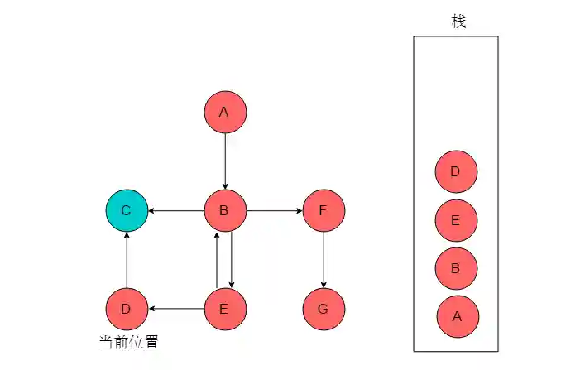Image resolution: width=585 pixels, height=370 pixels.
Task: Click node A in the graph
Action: pos(225,112)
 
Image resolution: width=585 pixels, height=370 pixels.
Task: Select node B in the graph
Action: pos(225,210)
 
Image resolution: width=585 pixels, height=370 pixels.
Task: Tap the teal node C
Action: pos(127,210)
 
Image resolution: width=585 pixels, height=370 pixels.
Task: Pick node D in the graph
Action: pos(127,309)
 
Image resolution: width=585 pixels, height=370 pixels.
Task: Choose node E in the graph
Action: pos(225,309)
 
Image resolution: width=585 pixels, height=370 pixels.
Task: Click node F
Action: pos(324,210)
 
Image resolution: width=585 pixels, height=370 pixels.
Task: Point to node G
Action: pos(324,309)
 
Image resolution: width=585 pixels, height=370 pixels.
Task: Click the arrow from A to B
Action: pos(225,161)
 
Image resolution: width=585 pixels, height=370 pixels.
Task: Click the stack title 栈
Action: pos(458,22)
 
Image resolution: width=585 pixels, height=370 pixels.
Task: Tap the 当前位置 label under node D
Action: pos(128,342)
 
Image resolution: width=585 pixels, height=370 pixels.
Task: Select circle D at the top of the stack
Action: pos(456,172)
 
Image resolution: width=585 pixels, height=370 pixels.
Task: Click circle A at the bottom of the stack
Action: pos(458,316)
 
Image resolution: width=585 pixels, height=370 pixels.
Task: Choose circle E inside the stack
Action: pos(456,220)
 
